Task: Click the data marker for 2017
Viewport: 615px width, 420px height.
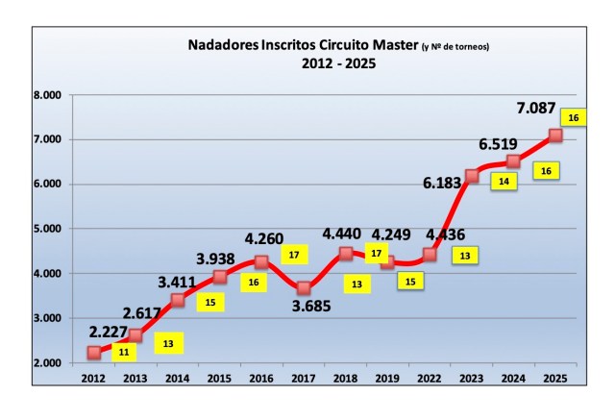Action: [x=304, y=287]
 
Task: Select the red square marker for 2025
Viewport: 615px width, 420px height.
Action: [x=555, y=136]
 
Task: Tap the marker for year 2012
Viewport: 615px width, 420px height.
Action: [x=93, y=353]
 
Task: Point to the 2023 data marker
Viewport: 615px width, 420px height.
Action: [x=472, y=176]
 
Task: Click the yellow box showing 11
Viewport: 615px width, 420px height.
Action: [x=125, y=352]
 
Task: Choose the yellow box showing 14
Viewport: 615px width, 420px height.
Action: [x=504, y=180]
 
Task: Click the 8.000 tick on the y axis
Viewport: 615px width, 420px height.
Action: [x=45, y=95]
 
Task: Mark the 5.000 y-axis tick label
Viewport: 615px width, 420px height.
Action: [x=45, y=229]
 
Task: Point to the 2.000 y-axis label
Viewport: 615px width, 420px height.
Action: [x=45, y=363]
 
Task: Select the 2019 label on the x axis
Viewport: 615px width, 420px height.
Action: [x=387, y=380]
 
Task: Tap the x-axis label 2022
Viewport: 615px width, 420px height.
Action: [x=430, y=380]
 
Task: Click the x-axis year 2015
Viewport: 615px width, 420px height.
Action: [x=219, y=380]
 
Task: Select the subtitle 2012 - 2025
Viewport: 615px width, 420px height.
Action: [x=330, y=64]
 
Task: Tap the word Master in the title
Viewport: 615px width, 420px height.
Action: [x=388, y=45]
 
